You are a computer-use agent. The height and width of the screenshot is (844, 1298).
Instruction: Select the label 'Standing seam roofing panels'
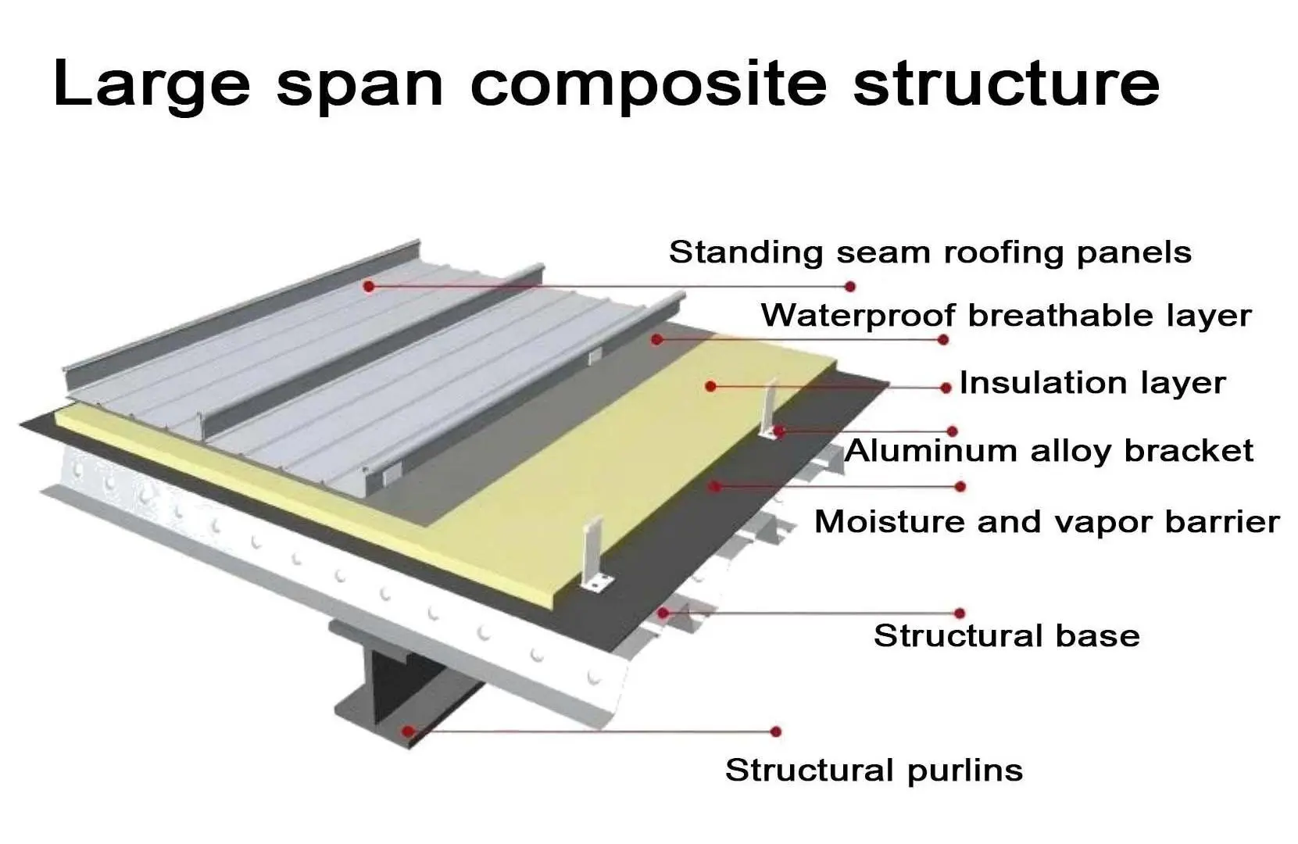(930, 252)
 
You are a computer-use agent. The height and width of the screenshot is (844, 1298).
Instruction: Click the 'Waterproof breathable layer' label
(1006, 316)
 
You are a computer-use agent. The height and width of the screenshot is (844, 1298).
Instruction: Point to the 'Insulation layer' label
(1092, 383)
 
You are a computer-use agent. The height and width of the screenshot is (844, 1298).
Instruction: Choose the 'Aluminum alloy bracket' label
(1049, 451)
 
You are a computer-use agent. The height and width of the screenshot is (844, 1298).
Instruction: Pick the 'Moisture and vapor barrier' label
(1046, 521)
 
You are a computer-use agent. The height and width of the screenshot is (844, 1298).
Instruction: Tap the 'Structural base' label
(1007, 635)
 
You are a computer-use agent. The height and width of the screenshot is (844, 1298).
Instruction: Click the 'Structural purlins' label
(874, 770)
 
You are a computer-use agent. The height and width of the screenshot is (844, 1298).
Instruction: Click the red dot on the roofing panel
(369, 286)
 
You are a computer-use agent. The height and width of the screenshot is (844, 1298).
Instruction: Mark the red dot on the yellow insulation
(710, 386)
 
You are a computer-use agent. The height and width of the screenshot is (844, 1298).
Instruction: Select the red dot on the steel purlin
(407, 731)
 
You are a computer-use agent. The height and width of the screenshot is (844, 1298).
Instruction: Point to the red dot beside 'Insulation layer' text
(946, 388)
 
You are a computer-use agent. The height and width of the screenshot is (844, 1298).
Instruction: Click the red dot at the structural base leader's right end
(960, 613)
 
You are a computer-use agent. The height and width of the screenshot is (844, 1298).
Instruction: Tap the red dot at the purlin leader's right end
(775, 731)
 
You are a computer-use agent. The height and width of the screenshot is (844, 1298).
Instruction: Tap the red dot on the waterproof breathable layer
(656, 339)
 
